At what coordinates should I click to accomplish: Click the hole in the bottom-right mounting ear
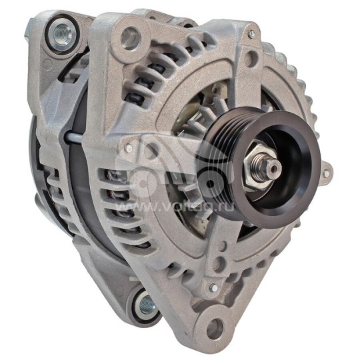point(214,328)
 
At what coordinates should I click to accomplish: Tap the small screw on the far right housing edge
point(325,175)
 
